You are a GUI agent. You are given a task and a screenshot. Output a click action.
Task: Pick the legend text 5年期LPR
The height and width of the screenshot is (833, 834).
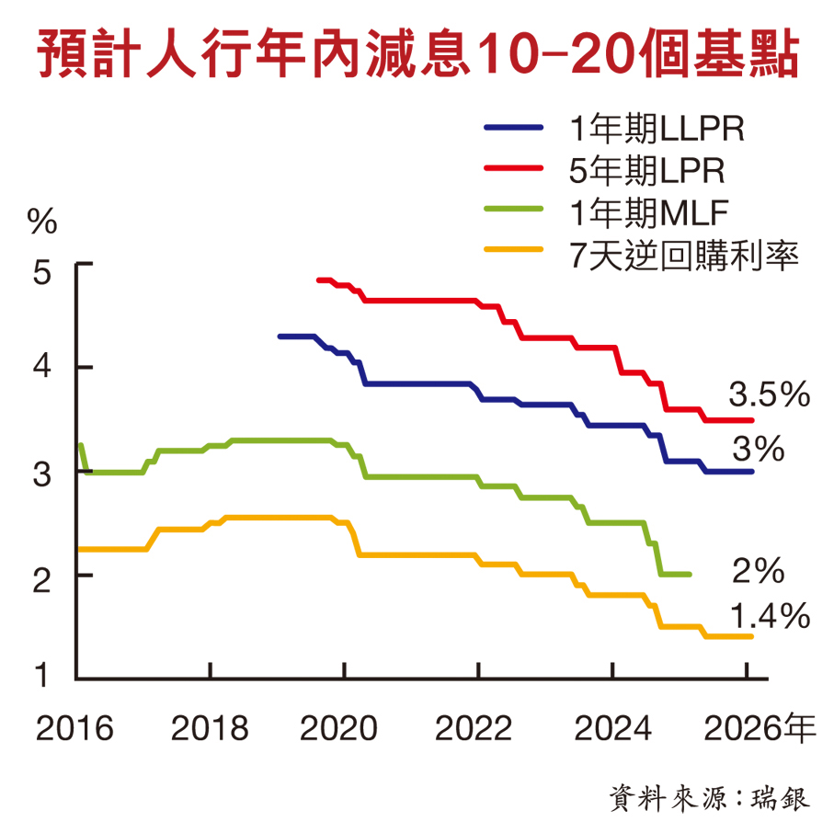pos(646,171)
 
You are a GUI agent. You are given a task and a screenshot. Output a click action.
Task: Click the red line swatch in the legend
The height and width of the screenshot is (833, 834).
pos(514,171)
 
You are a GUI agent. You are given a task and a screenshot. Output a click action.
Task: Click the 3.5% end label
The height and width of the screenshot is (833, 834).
pos(769,395)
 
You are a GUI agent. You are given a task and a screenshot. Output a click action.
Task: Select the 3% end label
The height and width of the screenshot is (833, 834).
pos(758,450)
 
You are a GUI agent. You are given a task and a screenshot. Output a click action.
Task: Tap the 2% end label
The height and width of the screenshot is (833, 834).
pos(758,572)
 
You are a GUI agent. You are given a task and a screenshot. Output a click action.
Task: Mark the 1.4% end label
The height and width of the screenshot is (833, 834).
pos(769,616)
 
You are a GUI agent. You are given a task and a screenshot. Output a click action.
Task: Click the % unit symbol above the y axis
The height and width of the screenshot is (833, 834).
pos(42,221)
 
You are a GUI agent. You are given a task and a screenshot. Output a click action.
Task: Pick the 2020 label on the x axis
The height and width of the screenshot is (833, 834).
pos(341,729)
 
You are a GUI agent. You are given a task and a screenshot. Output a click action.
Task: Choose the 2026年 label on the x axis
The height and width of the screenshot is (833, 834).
pos(760,729)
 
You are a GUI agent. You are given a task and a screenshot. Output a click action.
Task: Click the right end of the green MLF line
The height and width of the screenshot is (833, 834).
pos(689,575)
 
